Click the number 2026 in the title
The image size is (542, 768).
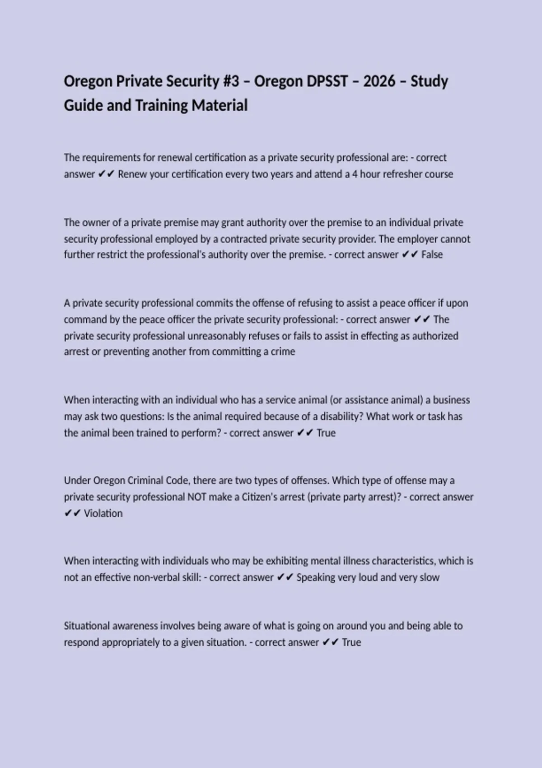pos(379,81)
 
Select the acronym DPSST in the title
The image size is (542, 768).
pos(327,81)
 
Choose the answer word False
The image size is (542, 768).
pos(432,255)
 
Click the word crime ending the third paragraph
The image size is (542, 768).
pos(283,352)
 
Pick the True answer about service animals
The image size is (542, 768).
pos(326,433)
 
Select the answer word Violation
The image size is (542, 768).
pos(103,514)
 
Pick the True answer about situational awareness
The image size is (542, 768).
pos(351,642)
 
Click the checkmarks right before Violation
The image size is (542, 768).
pos(72,514)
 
